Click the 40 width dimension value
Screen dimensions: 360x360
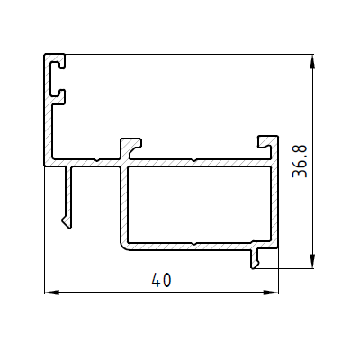point(161,280)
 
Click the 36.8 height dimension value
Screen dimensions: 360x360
point(300,161)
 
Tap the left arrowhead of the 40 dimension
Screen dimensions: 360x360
point(51,292)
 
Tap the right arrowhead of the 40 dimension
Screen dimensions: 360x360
point(271,292)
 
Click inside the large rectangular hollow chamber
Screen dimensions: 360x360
point(199,204)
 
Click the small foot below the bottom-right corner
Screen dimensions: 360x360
point(255,258)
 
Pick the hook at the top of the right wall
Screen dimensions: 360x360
point(268,141)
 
